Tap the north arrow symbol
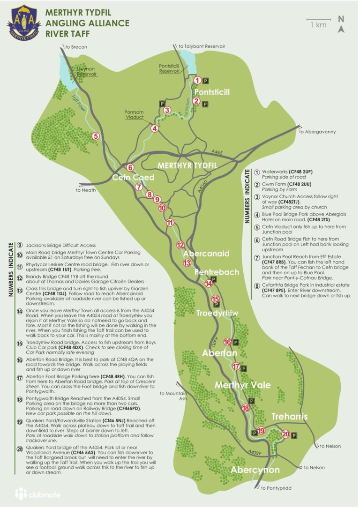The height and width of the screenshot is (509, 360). click(x=341, y=24)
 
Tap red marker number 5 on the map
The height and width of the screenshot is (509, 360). click(x=96, y=136)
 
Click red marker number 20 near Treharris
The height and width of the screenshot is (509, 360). click(x=285, y=434)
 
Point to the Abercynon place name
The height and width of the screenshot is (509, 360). click(x=255, y=470)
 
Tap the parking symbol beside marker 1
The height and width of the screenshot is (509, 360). click(x=207, y=81)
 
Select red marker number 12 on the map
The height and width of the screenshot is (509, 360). click(x=180, y=245)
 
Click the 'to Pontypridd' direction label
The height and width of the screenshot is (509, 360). click(x=276, y=488)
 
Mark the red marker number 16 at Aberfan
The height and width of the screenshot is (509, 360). click(x=228, y=342)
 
